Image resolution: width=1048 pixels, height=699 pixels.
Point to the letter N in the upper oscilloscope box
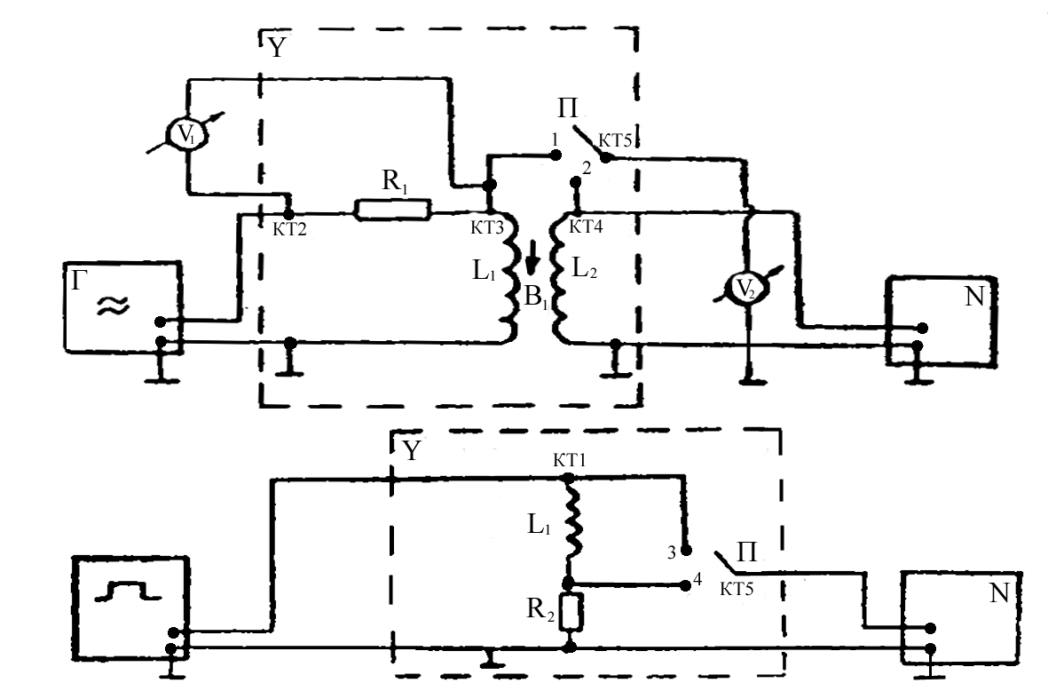(974, 297)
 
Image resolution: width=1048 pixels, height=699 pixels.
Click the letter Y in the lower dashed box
(411, 452)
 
